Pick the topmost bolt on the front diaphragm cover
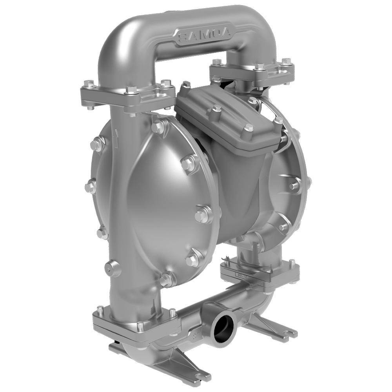click(158, 125)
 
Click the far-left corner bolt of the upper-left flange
click(89, 83)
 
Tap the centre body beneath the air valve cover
click(231, 188)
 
